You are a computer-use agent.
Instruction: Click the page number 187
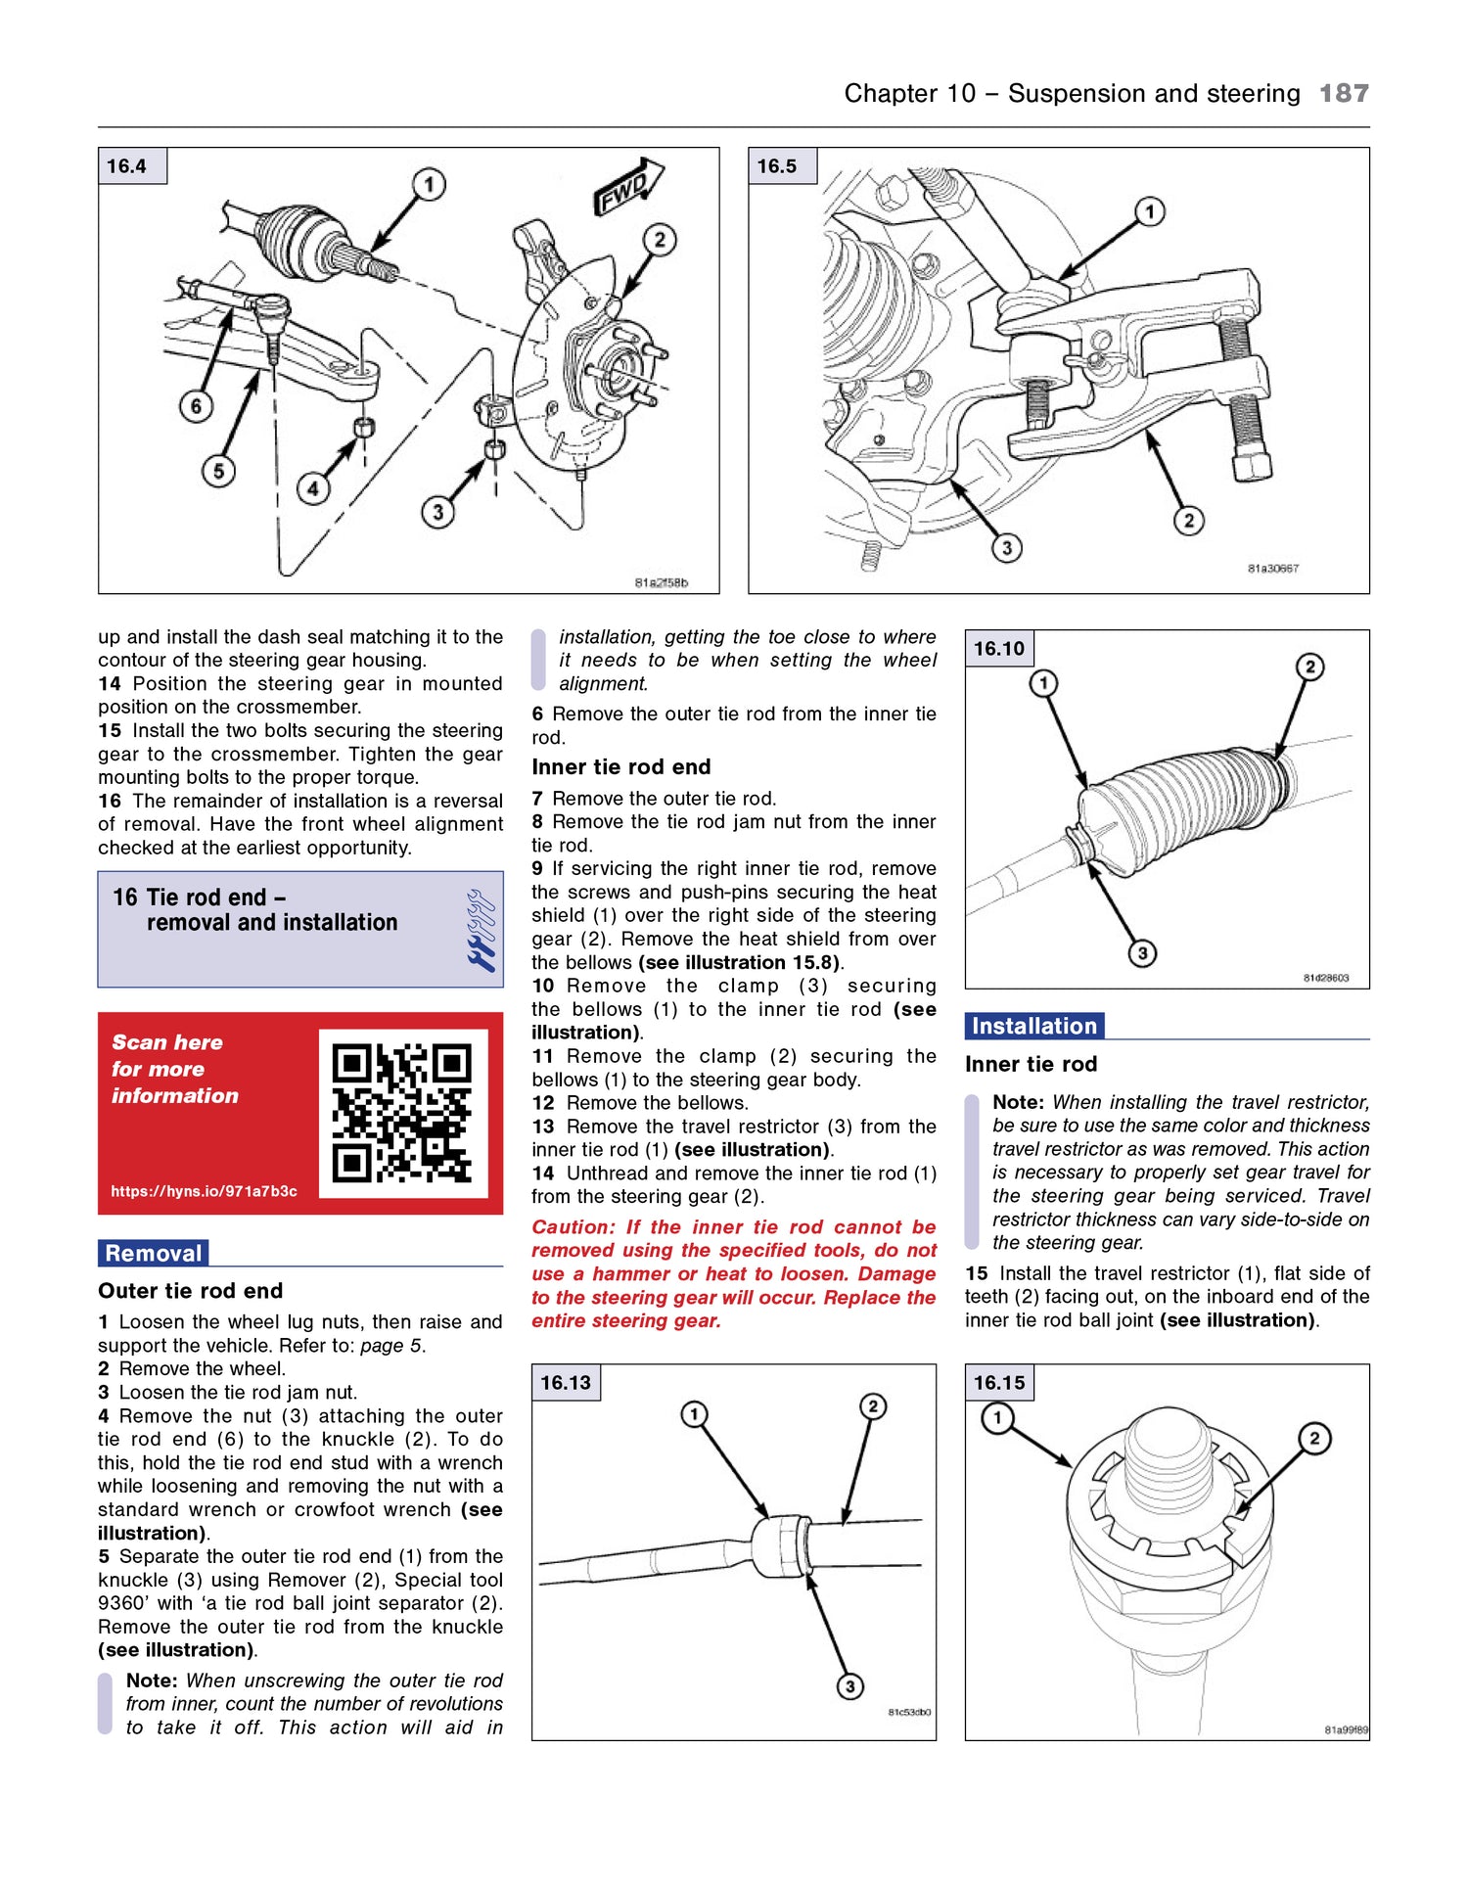pyautogui.click(x=1344, y=93)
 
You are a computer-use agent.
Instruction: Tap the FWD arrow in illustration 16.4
pyautogui.click(x=627, y=186)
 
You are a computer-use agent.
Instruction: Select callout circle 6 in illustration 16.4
pyautogui.click(x=196, y=406)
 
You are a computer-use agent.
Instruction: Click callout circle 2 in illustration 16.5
pyautogui.click(x=1188, y=520)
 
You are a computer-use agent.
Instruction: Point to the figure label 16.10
pyautogui.click(x=998, y=648)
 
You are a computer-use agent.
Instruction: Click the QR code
pyautogui.click(x=402, y=1113)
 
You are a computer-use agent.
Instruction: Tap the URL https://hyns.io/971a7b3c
pyautogui.click(x=204, y=1191)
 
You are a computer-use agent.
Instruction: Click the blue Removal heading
pyautogui.click(x=154, y=1253)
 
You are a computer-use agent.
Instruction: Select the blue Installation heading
pyautogui.click(x=1033, y=1026)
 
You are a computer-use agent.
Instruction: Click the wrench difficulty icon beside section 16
pyautogui.click(x=481, y=930)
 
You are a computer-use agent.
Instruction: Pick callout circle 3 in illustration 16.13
pyautogui.click(x=849, y=1685)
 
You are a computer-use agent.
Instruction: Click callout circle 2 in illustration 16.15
pyautogui.click(x=1314, y=1438)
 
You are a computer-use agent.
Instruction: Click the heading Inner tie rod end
pyautogui.click(x=620, y=766)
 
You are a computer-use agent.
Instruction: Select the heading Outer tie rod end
pyautogui.click(x=190, y=1290)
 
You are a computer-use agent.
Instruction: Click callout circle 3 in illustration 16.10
pyautogui.click(x=1141, y=952)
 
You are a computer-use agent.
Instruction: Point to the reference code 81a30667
pyautogui.click(x=1272, y=568)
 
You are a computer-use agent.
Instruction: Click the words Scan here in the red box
pyautogui.click(x=167, y=1041)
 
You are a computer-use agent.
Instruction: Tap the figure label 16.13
pyautogui.click(x=565, y=1382)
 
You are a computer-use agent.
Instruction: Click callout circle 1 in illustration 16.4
pyautogui.click(x=429, y=184)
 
